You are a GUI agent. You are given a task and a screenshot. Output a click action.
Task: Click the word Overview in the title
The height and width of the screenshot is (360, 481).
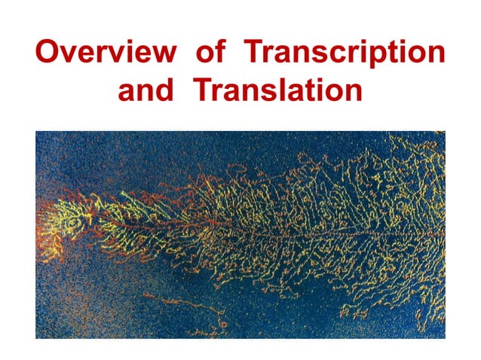pyautogui.click(x=105, y=53)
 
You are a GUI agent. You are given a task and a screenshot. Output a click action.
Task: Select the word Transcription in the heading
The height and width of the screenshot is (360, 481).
pyautogui.click(x=345, y=55)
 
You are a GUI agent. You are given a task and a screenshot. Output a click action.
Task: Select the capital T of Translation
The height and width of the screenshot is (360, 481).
pyautogui.click(x=201, y=90)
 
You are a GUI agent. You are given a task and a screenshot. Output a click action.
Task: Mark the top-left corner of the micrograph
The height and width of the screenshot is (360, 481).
pyautogui.click(x=36, y=131)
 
